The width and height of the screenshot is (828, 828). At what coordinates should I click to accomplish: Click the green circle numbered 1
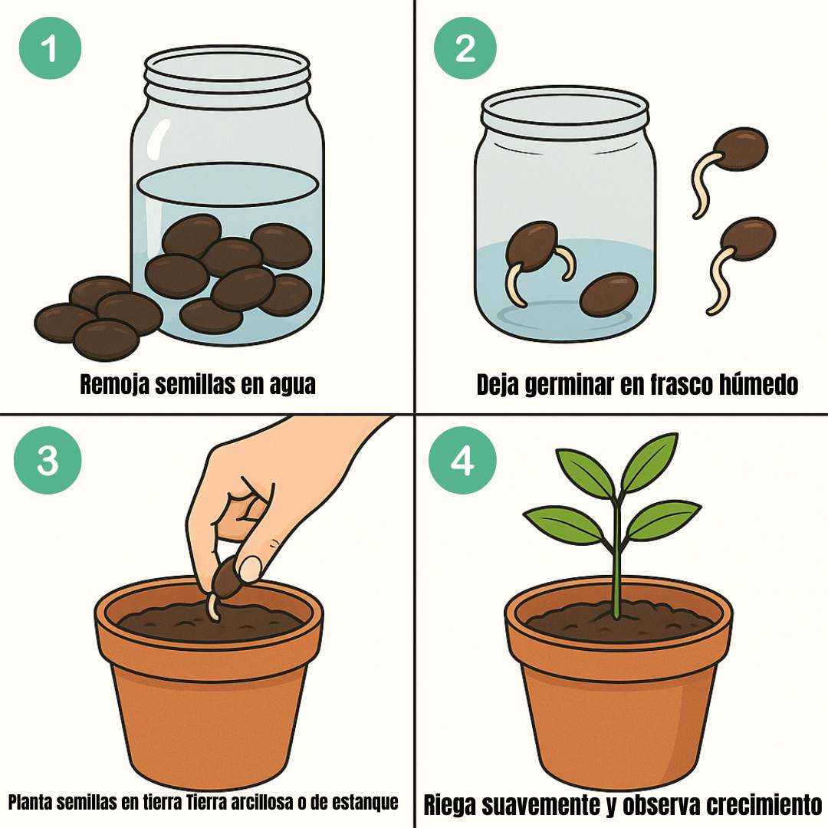coord(50,48)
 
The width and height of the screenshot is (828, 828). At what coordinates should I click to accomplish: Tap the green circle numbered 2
coord(465,48)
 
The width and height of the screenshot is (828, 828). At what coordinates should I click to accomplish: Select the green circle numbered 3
coord(48,461)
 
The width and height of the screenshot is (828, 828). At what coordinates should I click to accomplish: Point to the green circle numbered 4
coord(462,461)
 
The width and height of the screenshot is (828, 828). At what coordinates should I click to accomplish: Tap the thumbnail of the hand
coord(250,569)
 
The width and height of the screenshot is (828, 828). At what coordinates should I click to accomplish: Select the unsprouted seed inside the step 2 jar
coord(609,294)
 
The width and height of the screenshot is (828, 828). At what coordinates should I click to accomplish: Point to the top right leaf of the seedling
coord(649,462)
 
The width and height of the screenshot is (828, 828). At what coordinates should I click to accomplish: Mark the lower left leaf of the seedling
coord(564,524)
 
